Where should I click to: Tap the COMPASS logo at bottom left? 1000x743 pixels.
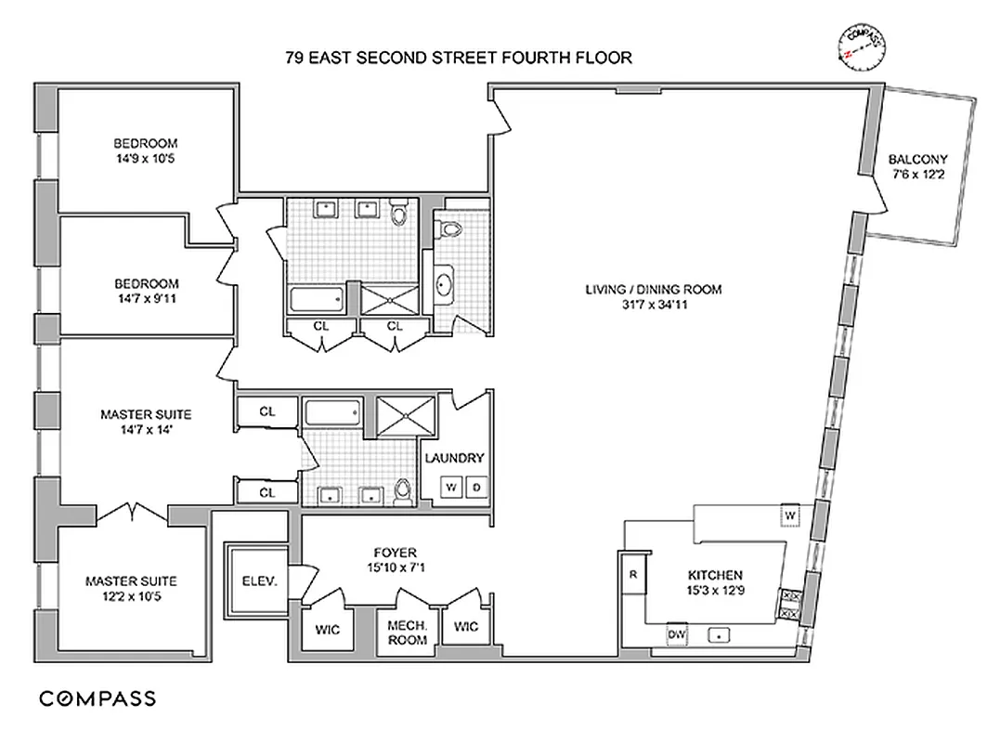click(x=97, y=698)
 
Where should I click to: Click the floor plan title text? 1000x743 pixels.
click(x=459, y=58)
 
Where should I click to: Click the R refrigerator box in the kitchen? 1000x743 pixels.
click(x=632, y=574)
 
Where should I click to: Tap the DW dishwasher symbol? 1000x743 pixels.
click(x=677, y=634)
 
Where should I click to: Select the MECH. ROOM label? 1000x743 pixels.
click(x=407, y=633)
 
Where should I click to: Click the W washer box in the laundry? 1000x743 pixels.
click(x=451, y=487)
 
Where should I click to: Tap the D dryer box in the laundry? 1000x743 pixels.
click(x=476, y=487)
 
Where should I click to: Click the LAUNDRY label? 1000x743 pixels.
click(x=454, y=458)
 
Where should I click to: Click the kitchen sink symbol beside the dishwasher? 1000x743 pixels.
click(x=718, y=635)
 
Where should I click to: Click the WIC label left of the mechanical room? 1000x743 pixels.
click(x=327, y=629)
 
